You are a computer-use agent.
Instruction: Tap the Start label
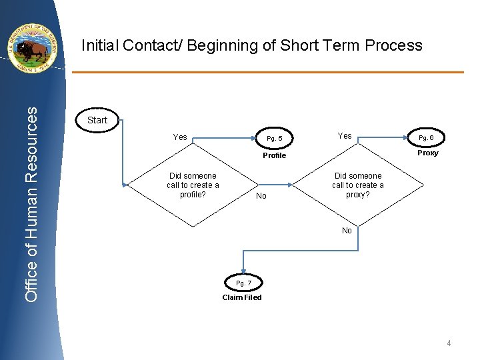[x=97, y=120]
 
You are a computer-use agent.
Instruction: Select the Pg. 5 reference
[x=274, y=139]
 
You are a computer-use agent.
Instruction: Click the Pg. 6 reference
[x=427, y=138]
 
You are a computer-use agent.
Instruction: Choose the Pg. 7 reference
[x=243, y=283]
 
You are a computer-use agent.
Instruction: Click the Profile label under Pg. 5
[x=274, y=155]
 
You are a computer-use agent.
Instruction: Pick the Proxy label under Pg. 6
[x=427, y=153]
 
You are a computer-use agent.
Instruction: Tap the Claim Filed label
[x=242, y=297]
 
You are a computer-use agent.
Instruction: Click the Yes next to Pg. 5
[x=180, y=137]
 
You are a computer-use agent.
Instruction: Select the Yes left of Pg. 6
[x=345, y=136]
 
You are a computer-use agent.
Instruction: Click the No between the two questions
[x=261, y=196]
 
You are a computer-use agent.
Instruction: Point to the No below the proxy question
[x=347, y=231]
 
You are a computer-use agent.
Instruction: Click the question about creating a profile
[x=193, y=185]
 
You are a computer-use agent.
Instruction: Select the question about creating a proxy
[x=358, y=185]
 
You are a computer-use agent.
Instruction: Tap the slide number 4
[x=449, y=343]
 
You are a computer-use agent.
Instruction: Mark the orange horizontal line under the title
[x=267, y=72]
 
